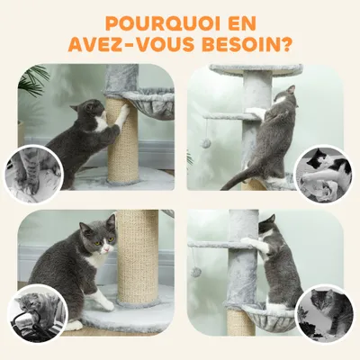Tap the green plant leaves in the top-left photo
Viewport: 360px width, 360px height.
[x=34, y=79]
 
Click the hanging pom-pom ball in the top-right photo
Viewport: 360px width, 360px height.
[x=205, y=143]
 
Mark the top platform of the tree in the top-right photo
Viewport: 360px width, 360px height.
[x=256, y=68]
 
